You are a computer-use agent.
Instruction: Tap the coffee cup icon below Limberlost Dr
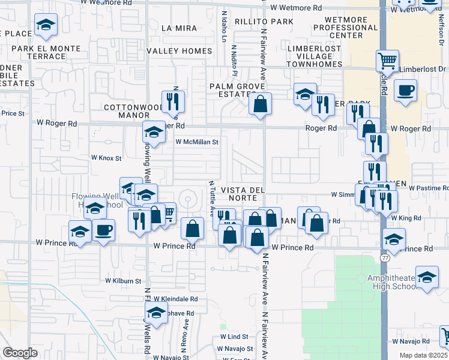[406, 91]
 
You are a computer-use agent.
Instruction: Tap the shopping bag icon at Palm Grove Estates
[261, 104]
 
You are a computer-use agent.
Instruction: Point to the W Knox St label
[106, 158]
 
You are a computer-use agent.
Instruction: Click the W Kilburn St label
[123, 280]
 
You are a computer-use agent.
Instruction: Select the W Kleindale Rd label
[175, 298]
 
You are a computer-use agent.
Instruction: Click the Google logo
[20, 353]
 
